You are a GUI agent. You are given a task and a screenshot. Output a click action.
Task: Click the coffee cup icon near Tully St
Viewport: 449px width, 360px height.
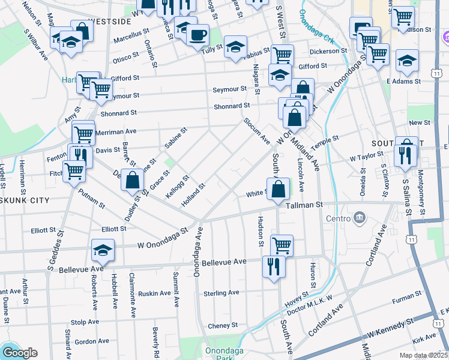(x=197, y=34)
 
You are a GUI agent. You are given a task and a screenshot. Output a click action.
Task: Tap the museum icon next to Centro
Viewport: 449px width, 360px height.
(x=360, y=217)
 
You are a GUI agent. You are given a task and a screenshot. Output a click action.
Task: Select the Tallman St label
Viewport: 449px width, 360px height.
(x=305, y=205)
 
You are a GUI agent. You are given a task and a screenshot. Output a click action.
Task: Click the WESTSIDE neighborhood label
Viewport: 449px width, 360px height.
(x=109, y=21)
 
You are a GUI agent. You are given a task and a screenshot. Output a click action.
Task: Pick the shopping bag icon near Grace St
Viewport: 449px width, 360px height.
(x=132, y=179)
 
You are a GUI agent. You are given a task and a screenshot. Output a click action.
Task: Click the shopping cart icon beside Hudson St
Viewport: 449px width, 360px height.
(x=281, y=245)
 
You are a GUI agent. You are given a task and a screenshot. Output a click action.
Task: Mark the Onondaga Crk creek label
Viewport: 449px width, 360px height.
(x=322, y=29)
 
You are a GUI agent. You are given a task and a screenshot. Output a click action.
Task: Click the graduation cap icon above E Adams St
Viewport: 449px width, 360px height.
(x=407, y=59)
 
